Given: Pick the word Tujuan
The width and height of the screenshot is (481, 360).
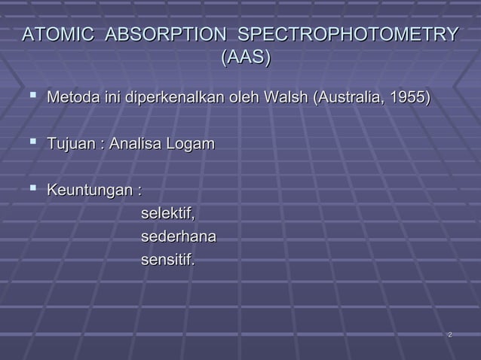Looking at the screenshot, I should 72,144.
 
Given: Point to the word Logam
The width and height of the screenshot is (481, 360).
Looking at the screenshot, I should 191,145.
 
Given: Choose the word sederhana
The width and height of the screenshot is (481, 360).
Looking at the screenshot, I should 179,237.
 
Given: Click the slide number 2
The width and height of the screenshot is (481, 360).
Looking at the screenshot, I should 449,334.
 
